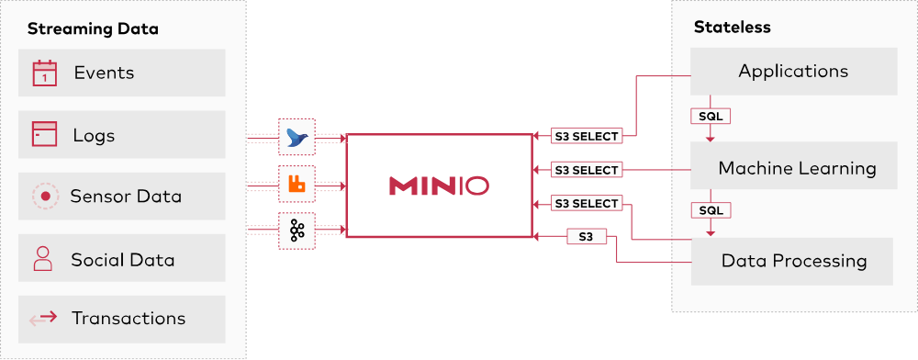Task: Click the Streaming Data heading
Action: [x=93, y=28]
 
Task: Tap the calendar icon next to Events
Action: [x=44, y=73]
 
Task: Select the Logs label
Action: [x=94, y=136]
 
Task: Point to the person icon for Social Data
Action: [x=43, y=259]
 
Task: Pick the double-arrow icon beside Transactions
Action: [x=43, y=319]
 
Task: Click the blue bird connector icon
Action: [x=297, y=137]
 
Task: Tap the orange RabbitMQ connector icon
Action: [x=297, y=184]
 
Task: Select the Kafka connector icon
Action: [x=297, y=231]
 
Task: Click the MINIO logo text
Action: [x=439, y=186]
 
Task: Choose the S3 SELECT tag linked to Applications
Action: [x=587, y=136]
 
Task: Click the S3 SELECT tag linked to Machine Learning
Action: [x=587, y=170]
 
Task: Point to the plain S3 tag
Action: [x=586, y=237]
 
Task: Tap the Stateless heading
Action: [x=732, y=27]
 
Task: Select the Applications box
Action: [x=793, y=72]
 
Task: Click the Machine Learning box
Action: [x=796, y=167]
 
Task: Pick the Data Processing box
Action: [x=793, y=261]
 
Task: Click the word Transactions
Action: [x=129, y=319]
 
